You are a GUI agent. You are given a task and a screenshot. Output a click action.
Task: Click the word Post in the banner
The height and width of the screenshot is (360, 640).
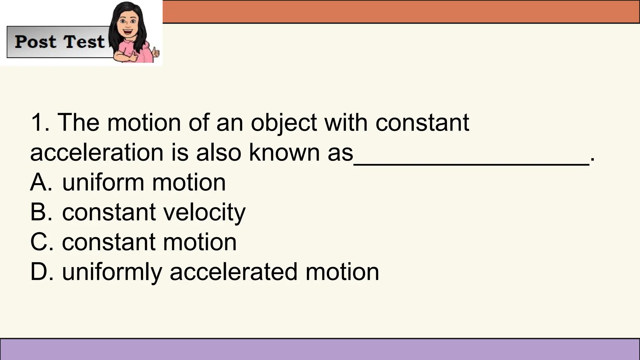tap(35, 42)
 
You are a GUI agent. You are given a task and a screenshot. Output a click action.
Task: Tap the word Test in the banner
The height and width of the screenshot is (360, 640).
tap(84, 42)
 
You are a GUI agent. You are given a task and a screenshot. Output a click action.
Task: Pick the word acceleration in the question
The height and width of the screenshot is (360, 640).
tap(97, 152)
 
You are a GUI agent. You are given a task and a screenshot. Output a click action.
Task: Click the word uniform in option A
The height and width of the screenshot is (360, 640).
tap(103, 182)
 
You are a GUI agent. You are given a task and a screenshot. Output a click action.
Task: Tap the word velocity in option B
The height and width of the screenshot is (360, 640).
tap(204, 212)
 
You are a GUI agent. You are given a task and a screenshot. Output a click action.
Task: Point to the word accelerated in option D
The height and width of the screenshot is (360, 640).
tap(233, 272)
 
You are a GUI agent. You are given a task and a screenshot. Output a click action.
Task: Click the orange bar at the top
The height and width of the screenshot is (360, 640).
tap(400, 11)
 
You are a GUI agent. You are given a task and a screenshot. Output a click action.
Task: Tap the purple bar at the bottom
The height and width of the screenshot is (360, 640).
tap(320, 349)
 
